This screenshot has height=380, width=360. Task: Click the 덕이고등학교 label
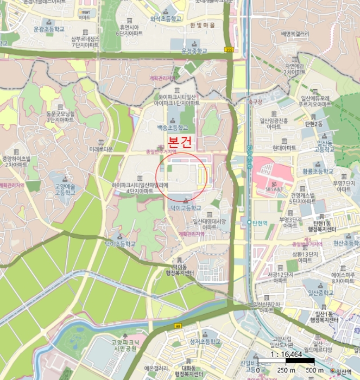186,208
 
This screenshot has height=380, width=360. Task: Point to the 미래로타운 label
101,149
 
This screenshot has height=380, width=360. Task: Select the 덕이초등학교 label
119,244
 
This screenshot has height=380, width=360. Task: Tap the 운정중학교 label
194,50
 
